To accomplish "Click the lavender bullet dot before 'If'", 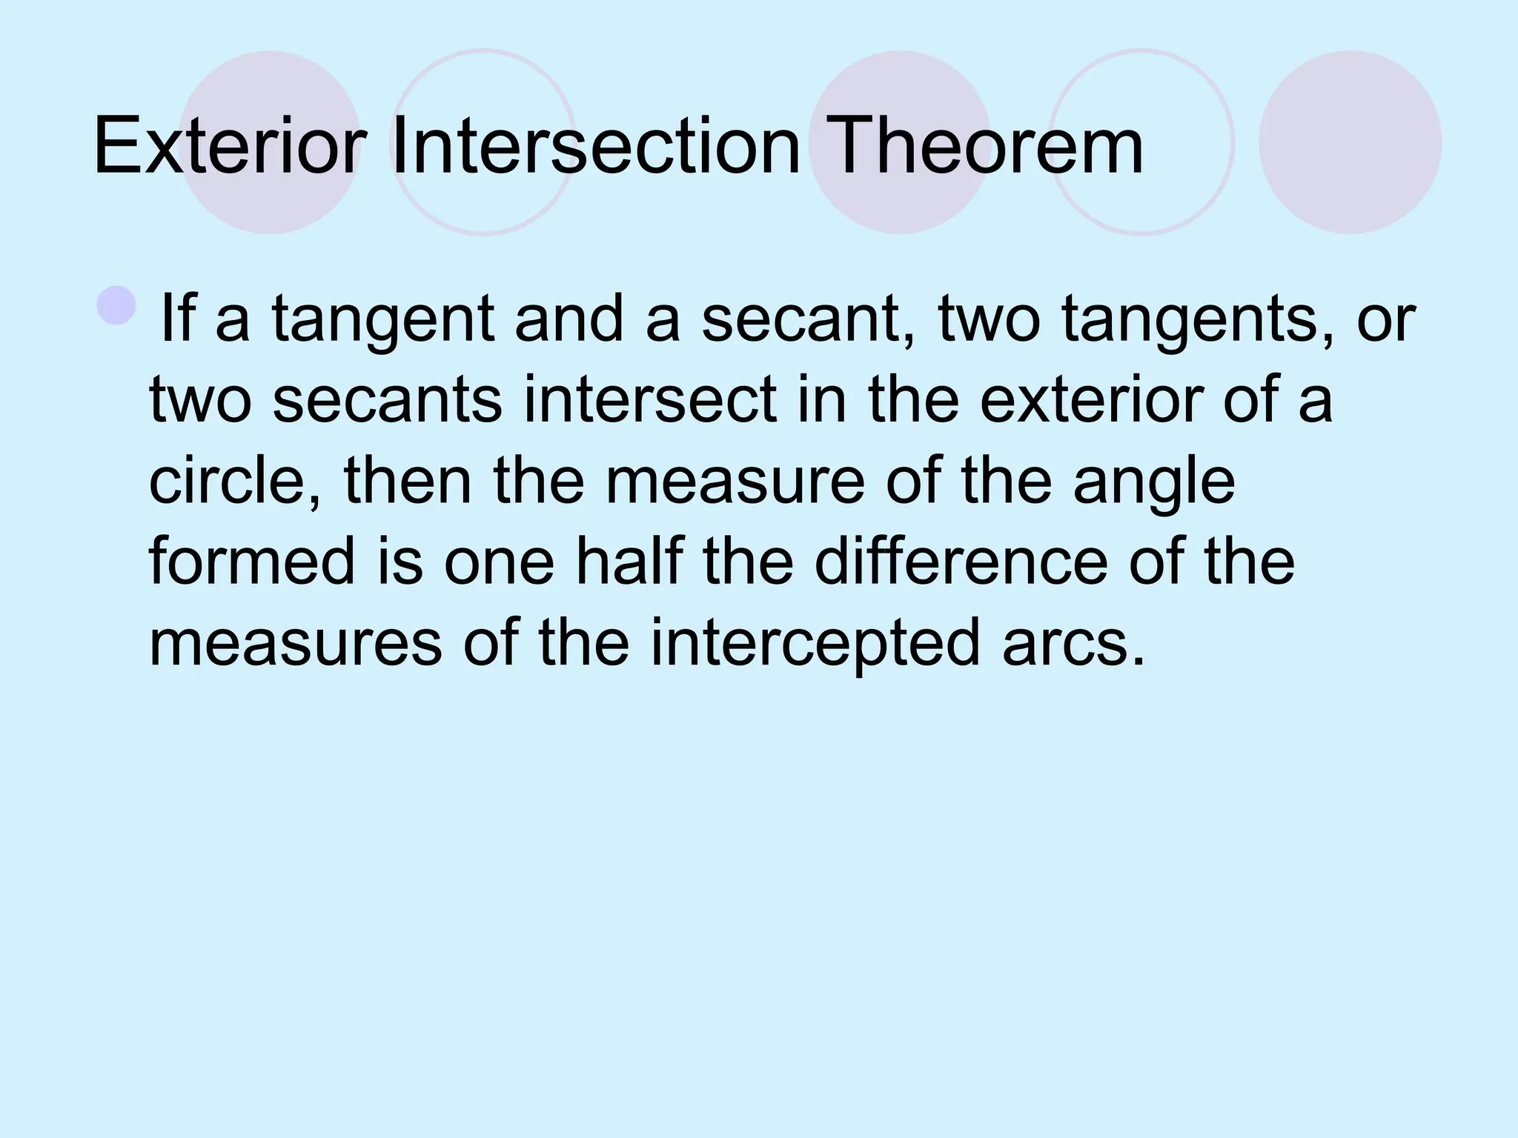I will coord(116,305).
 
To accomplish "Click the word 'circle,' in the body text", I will coord(236,482).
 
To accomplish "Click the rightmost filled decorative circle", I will coord(1350,142).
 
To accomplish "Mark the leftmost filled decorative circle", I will coord(271,142).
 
